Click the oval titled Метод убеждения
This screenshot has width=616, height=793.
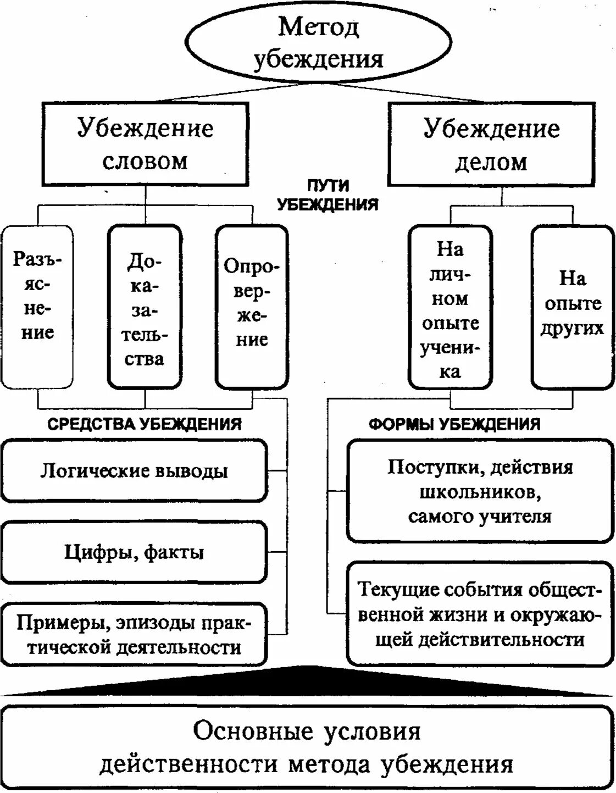318,42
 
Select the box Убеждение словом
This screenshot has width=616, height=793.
145,144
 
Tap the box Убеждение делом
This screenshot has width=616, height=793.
491,144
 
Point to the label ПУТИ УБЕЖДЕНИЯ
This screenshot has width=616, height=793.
328,195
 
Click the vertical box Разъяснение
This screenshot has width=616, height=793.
37,307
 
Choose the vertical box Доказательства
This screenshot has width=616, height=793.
145,307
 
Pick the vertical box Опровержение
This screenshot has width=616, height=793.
252,307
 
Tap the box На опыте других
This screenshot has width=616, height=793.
572,307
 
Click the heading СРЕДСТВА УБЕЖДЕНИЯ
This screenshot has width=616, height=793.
145,424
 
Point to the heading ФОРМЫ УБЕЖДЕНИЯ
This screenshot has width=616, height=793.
454,424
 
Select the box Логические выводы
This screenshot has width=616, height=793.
134,471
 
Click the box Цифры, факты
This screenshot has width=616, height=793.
134,552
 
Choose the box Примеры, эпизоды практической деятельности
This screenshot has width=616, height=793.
134,635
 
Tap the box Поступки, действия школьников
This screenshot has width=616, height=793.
480,491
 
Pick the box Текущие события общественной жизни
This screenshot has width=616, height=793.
480,614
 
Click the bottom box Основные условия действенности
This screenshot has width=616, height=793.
307,747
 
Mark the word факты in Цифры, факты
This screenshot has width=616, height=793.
174,552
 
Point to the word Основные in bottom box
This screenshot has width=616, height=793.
253,731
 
